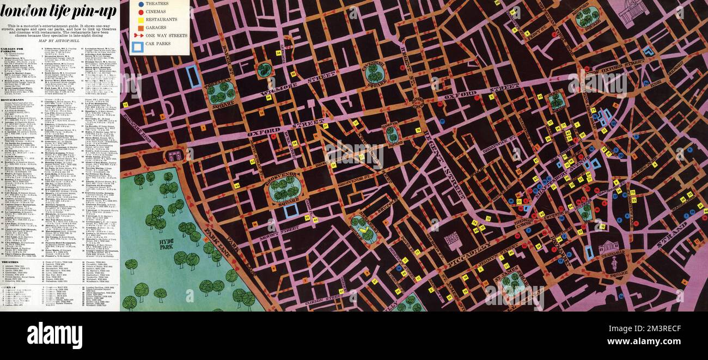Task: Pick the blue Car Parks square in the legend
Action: pyautogui.click(x=137, y=47)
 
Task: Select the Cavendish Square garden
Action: pyautogui.click(x=374, y=74)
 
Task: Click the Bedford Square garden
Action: pyautogui.click(x=587, y=17)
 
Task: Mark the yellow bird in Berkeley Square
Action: pyautogui.click(x=362, y=230)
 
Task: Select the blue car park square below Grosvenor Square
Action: pyautogui.click(x=291, y=211)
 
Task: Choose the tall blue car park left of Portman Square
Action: pyautogui.click(x=193, y=77)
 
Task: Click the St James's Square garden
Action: pyautogui.click(x=512, y=284)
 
